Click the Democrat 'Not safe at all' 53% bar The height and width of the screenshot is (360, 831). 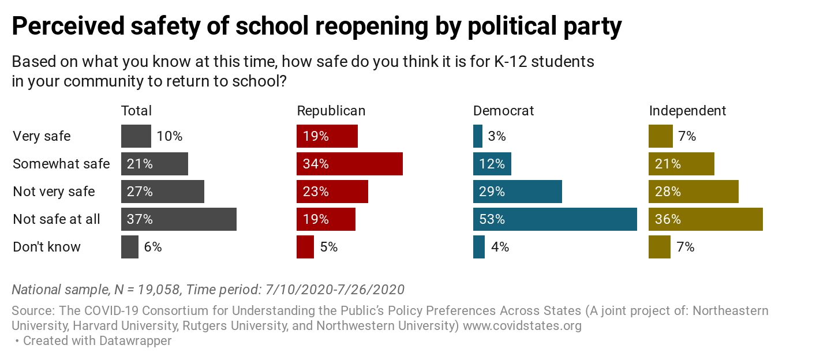(x=555, y=219)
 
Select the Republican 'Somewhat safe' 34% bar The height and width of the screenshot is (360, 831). (x=349, y=164)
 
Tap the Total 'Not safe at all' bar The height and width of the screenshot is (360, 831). (x=178, y=219)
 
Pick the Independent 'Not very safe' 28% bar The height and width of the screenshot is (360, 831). (x=693, y=192)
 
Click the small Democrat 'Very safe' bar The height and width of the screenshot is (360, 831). (x=478, y=136)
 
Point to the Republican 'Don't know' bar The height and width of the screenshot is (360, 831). (x=305, y=247)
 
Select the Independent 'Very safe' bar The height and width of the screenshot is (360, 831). (x=660, y=136)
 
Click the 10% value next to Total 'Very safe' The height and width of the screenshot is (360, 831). (x=169, y=137)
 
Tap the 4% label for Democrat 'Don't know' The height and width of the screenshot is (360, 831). (x=500, y=247)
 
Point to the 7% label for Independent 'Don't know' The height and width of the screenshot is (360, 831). (x=686, y=247)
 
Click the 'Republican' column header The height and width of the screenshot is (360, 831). (x=331, y=111)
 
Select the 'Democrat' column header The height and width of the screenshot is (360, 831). (x=503, y=111)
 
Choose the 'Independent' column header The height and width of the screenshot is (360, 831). (x=687, y=111)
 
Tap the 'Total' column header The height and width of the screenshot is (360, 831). (x=136, y=111)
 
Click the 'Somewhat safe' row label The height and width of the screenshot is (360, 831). (x=61, y=164)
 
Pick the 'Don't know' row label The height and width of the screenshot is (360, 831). (x=47, y=247)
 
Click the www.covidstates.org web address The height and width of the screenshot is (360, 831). (x=522, y=326)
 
